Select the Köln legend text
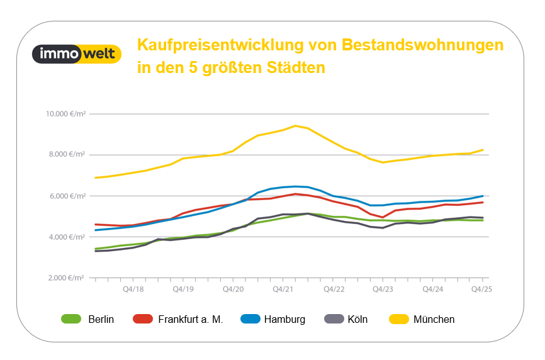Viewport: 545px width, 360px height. pyautogui.click(x=357, y=319)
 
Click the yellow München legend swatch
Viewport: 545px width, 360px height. pyautogui.click(x=396, y=319)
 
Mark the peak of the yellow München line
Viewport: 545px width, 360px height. pyautogui.click(x=295, y=125)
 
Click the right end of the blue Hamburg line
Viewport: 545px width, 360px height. pyautogui.click(x=483, y=196)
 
